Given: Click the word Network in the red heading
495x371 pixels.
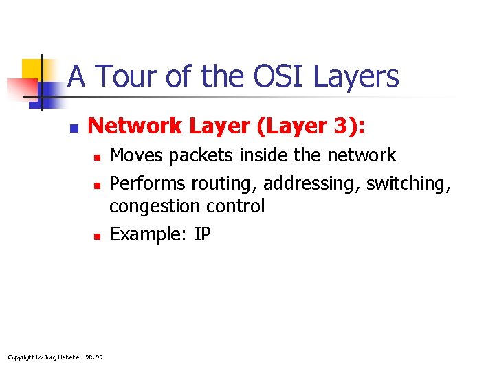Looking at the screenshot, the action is click(x=135, y=126).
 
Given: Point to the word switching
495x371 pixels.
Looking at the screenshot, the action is click(x=408, y=183).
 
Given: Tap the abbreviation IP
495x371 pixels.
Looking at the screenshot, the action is click(x=202, y=234).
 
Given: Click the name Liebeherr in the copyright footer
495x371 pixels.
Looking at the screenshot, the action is click(x=63, y=357).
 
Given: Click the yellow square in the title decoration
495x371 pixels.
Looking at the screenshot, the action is click(x=32, y=70).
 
